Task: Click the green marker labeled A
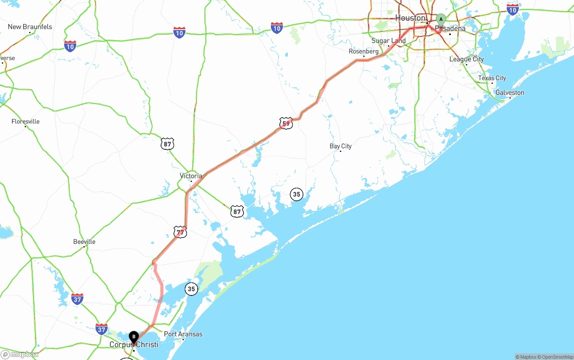[x=441, y=20]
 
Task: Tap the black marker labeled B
[x=134, y=337]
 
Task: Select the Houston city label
[x=410, y=18]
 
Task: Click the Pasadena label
[x=450, y=29]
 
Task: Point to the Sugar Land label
[x=388, y=41]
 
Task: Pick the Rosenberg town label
[x=364, y=52]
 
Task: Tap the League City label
[x=466, y=59]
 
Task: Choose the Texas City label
[x=492, y=78]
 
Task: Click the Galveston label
[x=509, y=93]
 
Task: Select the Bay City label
[x=340, y=146]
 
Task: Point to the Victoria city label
[x=191, y=176]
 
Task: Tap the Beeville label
[x=84, y=242]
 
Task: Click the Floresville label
[x=26, y=121]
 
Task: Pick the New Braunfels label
[x=30, y=27]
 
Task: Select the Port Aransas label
[x=183, y=334]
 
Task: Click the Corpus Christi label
[x=134, y=345]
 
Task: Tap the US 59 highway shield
[x=286, y=123]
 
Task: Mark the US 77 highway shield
[x=180, y=232]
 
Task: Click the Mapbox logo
[x=20, y=355]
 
